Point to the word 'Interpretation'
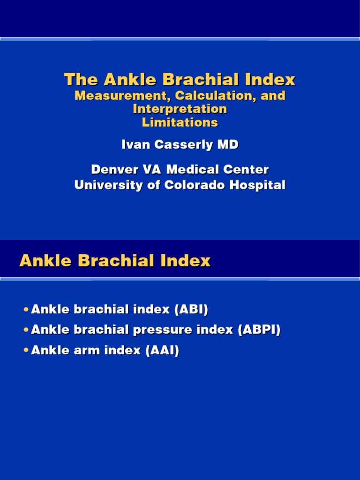point(180,109)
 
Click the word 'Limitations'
point(180,122)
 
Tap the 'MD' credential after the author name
point(228,145)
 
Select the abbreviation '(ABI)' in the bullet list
point(191,310)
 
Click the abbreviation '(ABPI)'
point(259,330)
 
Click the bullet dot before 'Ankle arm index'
point(25,351)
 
